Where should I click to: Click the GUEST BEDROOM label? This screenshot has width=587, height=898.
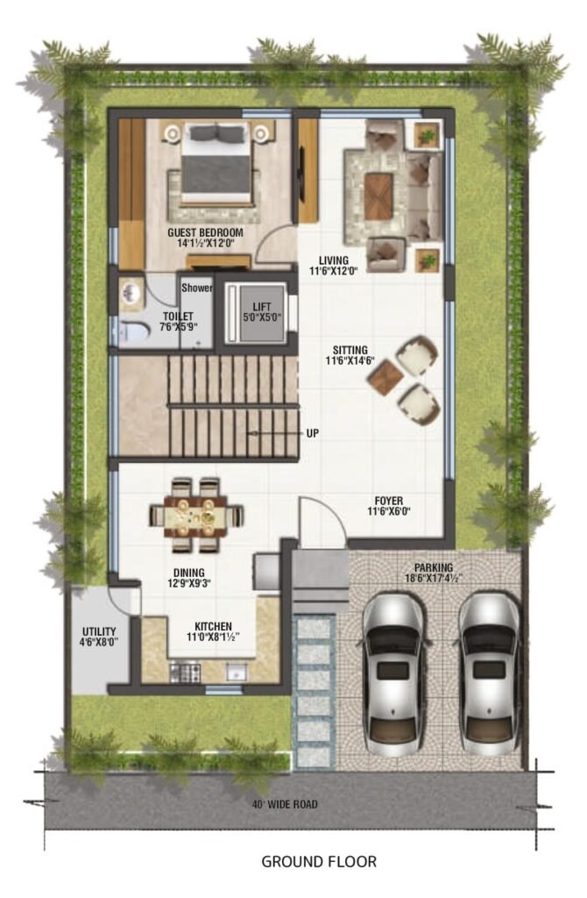point(205,232)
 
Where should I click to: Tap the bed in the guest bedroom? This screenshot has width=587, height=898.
point(216,164)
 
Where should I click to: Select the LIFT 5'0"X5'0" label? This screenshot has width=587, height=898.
point(261,312)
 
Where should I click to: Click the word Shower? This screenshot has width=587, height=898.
point(197,288)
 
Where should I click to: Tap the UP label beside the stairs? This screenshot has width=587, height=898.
point(313,433)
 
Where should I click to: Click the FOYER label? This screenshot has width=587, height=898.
point(388,501)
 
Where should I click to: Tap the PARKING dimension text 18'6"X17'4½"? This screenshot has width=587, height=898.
point(434,579)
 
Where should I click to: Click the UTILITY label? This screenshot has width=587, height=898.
point(99,631)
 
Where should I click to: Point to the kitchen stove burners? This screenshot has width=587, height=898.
point(185,673)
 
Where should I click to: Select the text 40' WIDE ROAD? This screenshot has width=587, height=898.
point(285,804)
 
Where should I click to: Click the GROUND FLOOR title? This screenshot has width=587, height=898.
point(319,861)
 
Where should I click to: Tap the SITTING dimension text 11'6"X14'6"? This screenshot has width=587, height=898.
point(350,360)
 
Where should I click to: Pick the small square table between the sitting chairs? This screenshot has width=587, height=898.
point(385,377)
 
